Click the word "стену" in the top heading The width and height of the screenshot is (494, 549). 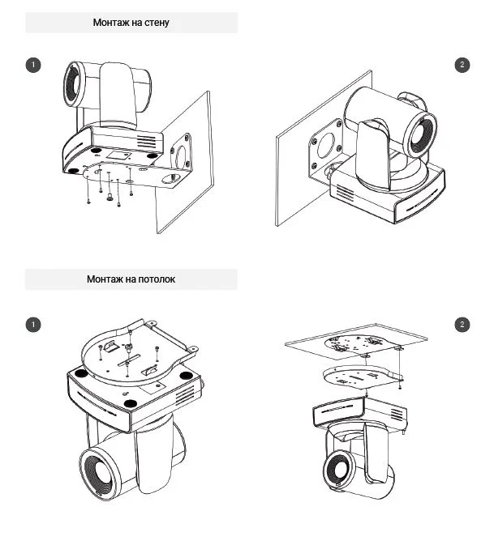(154, 23)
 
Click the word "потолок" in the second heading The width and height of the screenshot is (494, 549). (152, 279)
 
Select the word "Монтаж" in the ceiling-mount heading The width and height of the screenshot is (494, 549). (106, 279)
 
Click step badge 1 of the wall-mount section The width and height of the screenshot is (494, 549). (33, 65)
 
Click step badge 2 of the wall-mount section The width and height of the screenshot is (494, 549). (462, 65)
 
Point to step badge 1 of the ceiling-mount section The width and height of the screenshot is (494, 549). (33, 325)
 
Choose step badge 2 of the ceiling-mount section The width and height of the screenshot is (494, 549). (462, 325)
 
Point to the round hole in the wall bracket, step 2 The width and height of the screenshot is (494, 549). (325, 145)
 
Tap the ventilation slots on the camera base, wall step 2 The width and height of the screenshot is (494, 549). (346, 195)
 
